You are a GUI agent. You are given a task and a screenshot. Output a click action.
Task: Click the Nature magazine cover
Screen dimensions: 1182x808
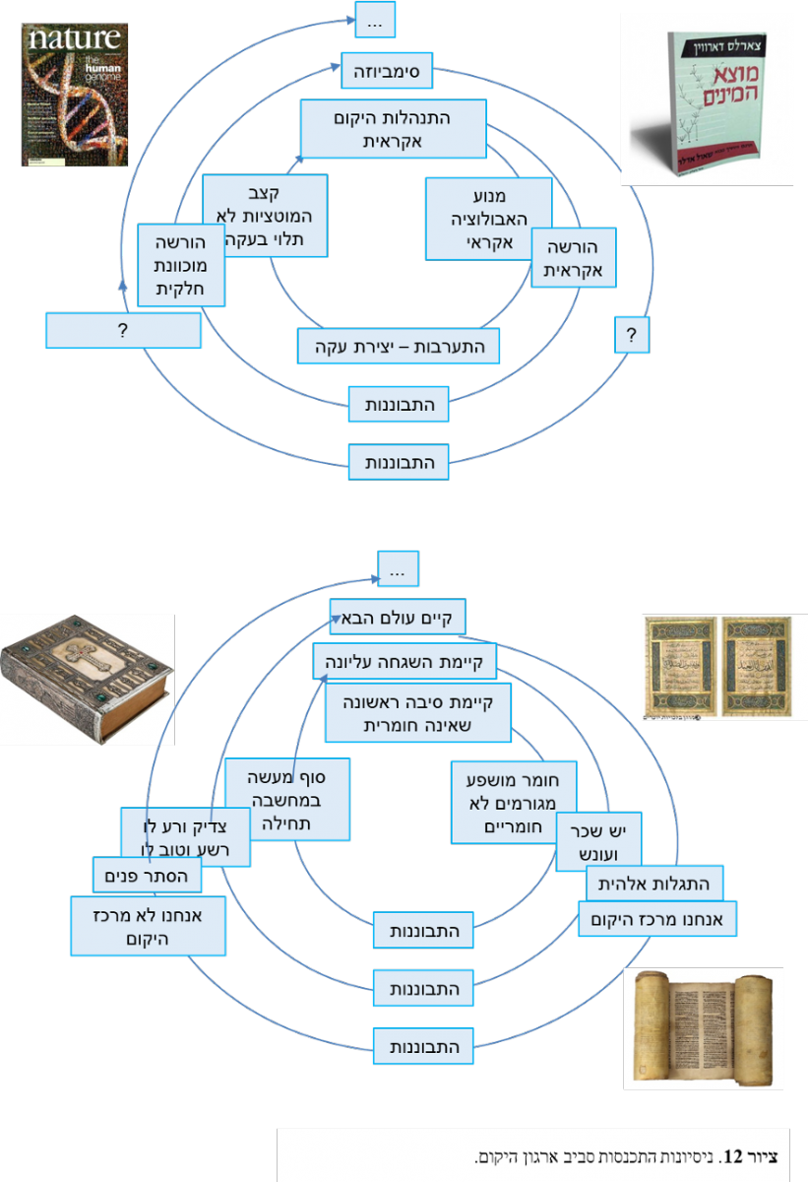[x=76, y=95]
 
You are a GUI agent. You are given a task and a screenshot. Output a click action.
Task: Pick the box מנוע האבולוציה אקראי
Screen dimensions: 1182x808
[x=488, y=218]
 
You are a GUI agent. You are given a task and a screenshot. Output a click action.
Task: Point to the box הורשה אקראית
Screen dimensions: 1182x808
[x=573, y=258]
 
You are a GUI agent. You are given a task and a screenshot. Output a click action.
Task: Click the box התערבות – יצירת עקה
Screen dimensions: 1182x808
[x=399, y=346]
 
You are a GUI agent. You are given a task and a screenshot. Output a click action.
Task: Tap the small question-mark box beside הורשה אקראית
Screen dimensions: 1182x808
[x=632, y=335]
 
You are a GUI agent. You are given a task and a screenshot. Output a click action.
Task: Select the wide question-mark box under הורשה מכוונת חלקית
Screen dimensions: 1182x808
[x=123, y=331]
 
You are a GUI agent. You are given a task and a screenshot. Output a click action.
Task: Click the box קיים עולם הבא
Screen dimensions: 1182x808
[x=398, y=619]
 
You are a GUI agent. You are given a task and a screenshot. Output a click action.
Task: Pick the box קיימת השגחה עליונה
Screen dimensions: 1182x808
[x=404, y=662]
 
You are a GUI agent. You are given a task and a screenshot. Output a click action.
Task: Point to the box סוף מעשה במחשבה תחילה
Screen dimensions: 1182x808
[x=287, y=799]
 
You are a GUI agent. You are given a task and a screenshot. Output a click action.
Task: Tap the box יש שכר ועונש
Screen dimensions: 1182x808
[x=598, y=841]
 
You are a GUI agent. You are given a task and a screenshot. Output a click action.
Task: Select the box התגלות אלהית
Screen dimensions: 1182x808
[x=653, y=883]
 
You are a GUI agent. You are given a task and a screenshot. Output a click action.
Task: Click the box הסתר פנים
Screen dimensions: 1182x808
[x=147, y=874]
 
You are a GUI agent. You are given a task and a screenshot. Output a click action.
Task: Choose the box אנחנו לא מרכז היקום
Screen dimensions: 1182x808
[x=150, y=926]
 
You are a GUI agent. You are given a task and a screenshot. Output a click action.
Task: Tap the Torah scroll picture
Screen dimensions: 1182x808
[x=703, y=1027]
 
